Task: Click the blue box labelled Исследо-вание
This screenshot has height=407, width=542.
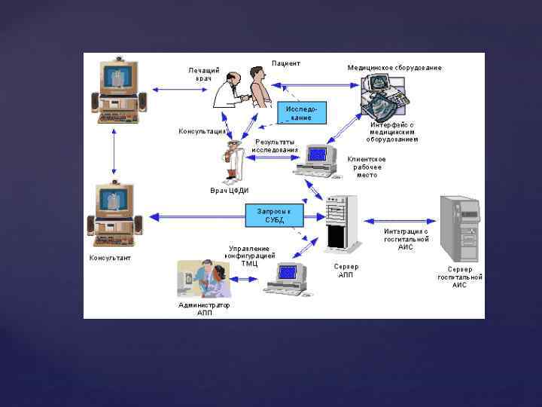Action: pyautogui.click(x=302, y=113)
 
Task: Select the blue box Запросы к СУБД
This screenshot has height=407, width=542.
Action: pyautogui.click(x=274, y=216)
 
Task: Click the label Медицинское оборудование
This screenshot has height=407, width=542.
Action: pyautogui.click(x=394, y=68)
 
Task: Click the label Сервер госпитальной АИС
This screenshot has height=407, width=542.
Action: pyautogui.click(x=459, y=277)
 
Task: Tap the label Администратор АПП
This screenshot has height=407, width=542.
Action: pyautogui.click(x=204, y=309)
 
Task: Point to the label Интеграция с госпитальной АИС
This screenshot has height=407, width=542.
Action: pyautogui.click(x=406, y=239)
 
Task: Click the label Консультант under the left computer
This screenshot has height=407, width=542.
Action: pyautogui.click(x=110, y=258)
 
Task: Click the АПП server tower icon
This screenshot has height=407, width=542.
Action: pyautogui.click(x=340, y=224)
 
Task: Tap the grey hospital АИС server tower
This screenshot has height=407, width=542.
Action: pyautogui.click(x=460, y=225)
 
